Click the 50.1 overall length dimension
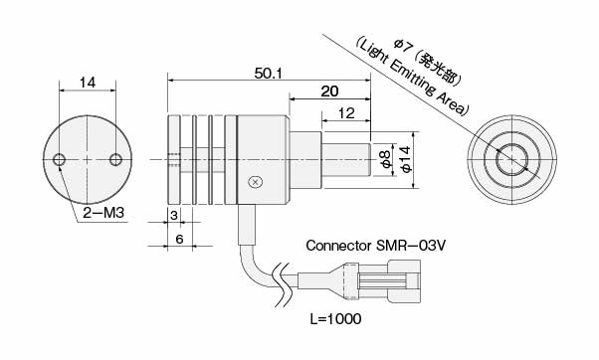269,74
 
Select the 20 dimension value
329,91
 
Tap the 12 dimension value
346,113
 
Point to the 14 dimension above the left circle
88,83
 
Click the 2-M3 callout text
103,213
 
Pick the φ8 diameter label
386,159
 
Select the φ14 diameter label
406,159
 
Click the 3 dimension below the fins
174,216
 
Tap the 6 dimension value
179,239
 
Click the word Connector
338,246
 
